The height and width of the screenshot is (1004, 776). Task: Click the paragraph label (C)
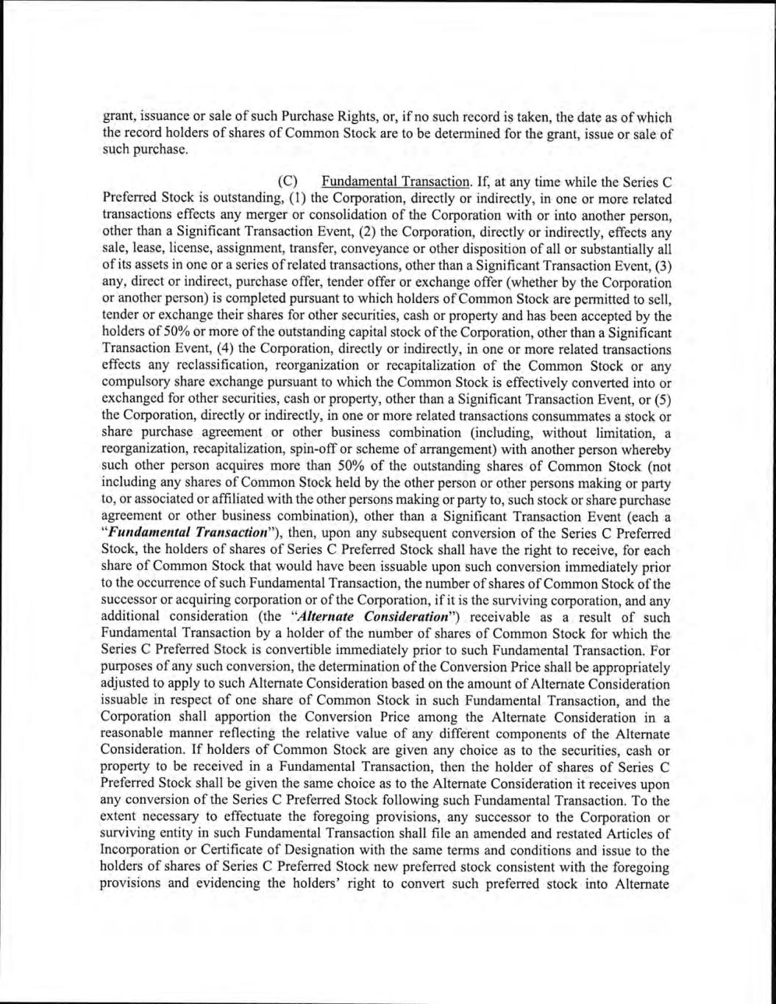coord(288,181)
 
